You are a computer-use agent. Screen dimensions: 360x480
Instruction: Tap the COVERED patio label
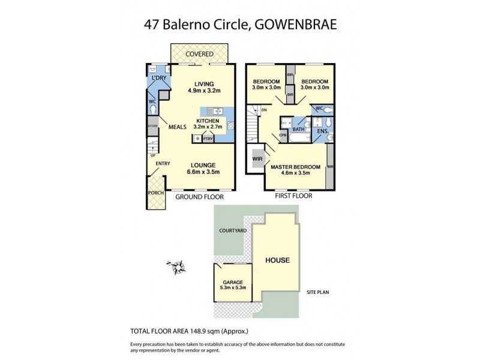(199, 55)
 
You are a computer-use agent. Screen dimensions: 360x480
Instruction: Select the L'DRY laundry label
(158, 79)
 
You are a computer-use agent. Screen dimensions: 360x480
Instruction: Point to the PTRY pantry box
(208, 139)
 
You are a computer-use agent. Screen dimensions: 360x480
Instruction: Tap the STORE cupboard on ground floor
(152, 126)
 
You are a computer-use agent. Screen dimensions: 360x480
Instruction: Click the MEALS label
(177, 127)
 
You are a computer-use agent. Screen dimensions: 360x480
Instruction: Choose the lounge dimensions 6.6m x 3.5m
(202, 172)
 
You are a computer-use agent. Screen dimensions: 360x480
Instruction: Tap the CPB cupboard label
(283, 136)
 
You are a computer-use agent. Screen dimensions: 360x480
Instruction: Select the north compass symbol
(176, 266)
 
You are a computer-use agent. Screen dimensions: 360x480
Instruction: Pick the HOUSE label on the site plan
(277, 260)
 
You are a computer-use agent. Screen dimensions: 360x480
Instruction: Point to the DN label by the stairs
(264, 110)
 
